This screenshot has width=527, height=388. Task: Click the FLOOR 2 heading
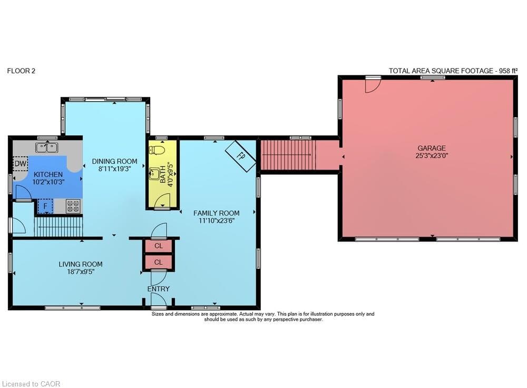tap(21, 71)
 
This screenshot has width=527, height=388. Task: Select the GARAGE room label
tap(432, 148)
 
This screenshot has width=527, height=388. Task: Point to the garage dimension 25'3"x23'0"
tap(432, 156)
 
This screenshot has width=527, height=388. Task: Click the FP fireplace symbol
tap(241, 156)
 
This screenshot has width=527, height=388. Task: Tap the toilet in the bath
tap(157, 150)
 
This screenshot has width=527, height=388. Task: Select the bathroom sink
tap(155, 174)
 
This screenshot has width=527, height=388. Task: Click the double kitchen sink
tap(47, 147)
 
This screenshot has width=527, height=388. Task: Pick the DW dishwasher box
tap(21, 164)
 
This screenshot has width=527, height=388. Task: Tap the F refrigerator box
tap(45, 206)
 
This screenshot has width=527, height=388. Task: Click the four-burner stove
tap(73, 206)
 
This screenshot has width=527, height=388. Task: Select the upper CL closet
tap(158, 246)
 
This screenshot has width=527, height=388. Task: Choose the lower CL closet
tap(158, 262)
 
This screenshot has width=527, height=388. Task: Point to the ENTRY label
tap(158, 288)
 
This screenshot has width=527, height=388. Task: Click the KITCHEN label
tap(48, 175)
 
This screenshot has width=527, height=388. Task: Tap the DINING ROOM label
tap(114, 162)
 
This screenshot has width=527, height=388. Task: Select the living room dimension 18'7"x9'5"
tap(81, 272)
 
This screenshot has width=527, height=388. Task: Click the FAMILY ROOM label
tap(217, 213)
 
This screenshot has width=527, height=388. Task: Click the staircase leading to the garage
tap(288, 155)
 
